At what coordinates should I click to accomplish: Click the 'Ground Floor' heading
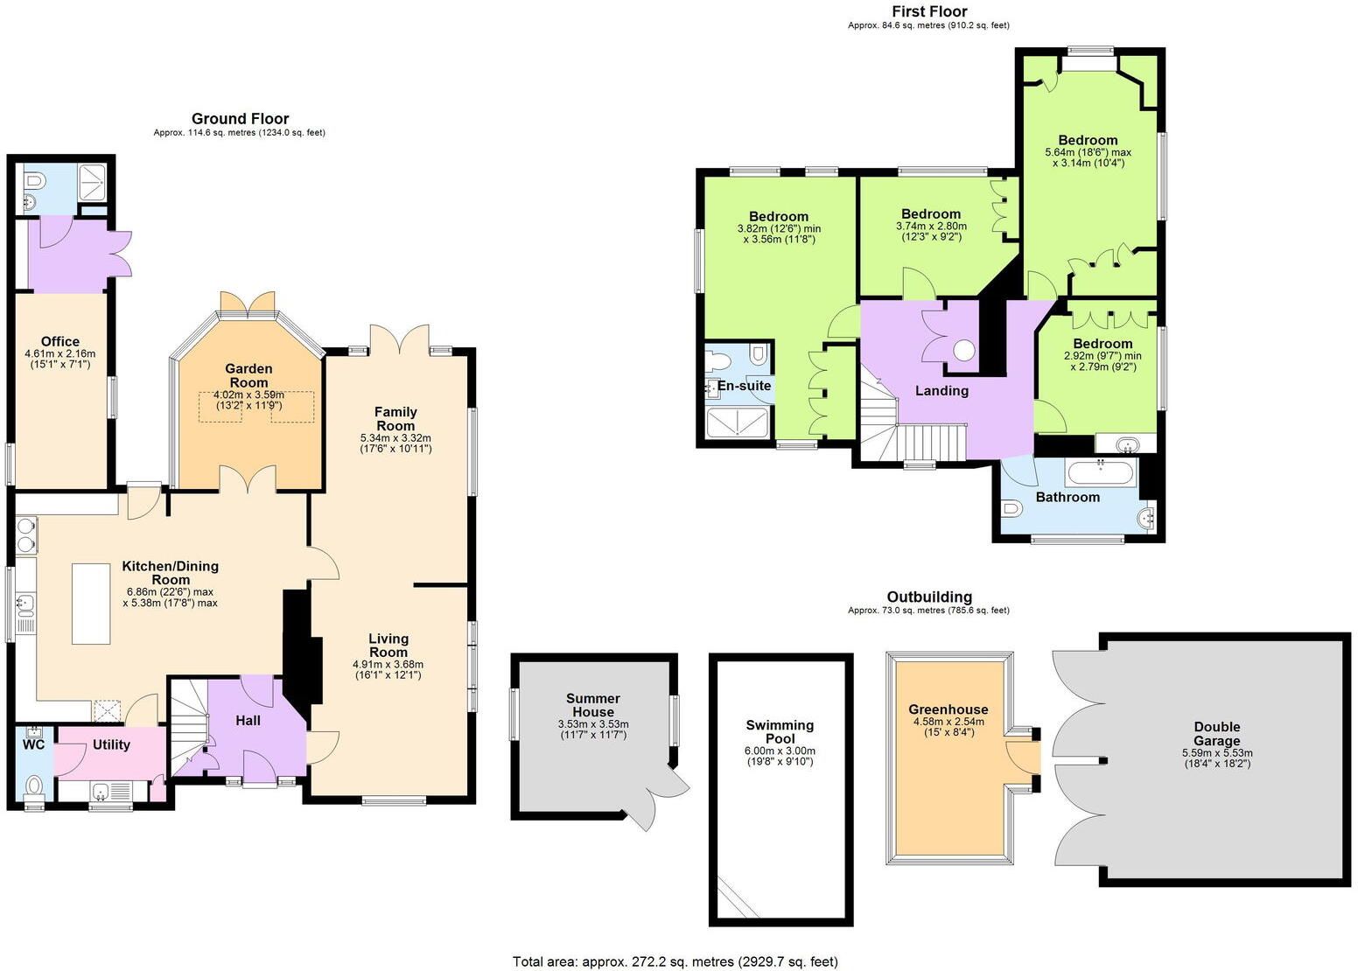(240, 119)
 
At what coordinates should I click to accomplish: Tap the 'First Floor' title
(928, 11)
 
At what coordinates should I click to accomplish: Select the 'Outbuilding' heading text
(928, 597)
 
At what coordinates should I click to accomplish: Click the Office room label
(59, 341)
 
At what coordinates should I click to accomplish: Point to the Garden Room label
(248, 375)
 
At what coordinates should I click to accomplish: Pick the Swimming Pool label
(780, 731)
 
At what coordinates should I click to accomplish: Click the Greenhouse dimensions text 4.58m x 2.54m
(948, 722)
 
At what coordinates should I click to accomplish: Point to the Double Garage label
(1216, 733)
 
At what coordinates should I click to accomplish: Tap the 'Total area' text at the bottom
(675, 961)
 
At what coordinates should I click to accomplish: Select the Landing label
(941, 390)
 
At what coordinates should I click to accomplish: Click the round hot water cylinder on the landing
(964, 351)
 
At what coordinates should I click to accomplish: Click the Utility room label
(111, 744)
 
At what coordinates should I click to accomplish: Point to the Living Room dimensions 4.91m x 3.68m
(388, 664)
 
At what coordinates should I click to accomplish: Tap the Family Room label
(395, 418)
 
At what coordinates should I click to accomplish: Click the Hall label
(248, 721)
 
